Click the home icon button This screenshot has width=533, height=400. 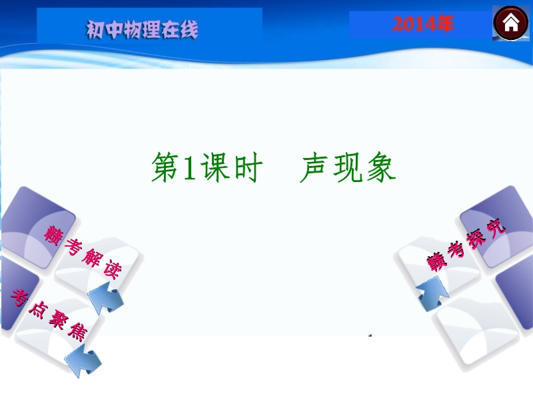510,23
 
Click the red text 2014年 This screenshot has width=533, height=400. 423,24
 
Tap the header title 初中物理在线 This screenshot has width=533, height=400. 142,29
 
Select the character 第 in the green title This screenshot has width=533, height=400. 165,167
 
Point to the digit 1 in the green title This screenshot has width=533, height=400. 189,167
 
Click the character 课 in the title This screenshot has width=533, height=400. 215,167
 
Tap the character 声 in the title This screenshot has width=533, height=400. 314,167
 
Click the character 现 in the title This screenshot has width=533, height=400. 348,167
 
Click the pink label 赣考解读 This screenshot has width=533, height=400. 83,253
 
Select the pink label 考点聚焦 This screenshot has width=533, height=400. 49,315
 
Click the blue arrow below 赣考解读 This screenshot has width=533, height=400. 106,298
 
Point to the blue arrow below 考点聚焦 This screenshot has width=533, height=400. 83,360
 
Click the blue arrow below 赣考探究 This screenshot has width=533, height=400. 432,294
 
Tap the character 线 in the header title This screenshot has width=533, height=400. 189,29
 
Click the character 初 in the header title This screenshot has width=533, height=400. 95,30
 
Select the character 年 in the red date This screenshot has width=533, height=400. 444,24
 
